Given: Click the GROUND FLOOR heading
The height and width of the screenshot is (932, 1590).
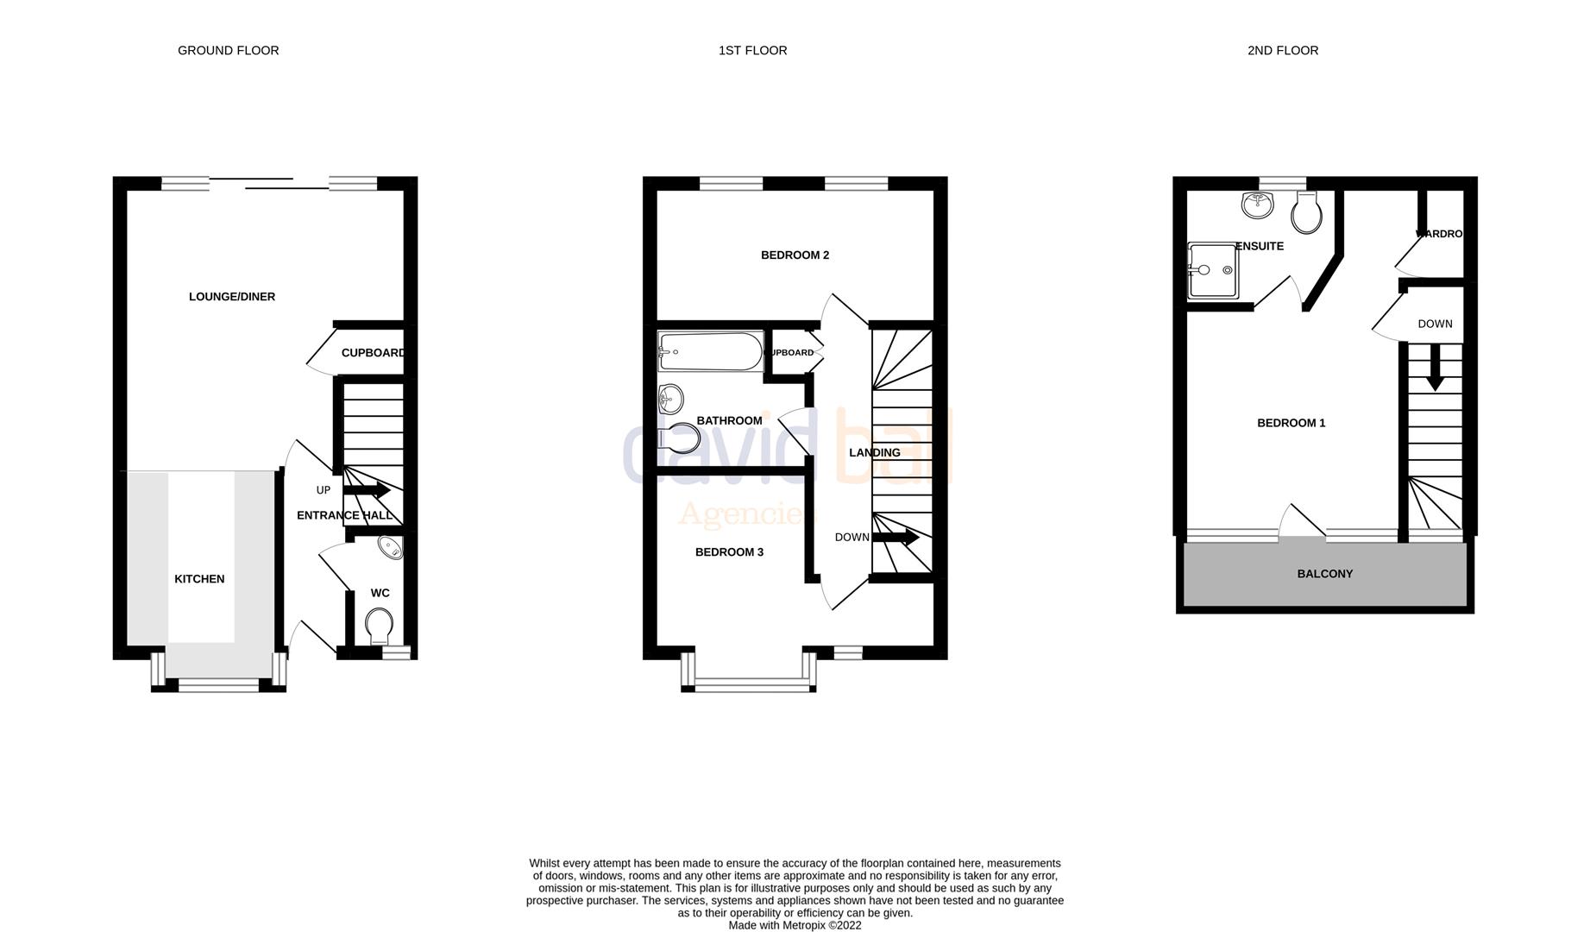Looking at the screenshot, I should tap(228, 50).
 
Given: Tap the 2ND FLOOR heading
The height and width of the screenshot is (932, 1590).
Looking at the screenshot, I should tap(1282, 50).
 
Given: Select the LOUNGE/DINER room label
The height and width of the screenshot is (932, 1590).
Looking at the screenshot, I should tap(231, 297).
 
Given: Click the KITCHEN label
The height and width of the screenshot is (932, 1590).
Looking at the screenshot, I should tap(199, 579).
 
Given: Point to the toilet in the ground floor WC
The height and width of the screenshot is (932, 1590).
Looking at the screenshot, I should tap(379, 625).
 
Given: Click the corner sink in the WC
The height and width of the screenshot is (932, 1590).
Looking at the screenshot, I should tap(391, 547).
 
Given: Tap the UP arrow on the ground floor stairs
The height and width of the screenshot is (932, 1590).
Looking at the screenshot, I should tap(368, 490).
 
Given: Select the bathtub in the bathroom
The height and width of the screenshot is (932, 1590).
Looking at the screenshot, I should tap(710, 352).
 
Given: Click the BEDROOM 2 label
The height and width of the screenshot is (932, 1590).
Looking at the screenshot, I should tap(795, 255).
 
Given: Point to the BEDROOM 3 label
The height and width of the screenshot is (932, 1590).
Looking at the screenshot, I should tap(729, 552).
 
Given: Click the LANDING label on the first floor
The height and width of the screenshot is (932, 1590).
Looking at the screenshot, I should tap(874, 453).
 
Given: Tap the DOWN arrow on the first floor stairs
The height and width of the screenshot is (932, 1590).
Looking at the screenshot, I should tap(896, 538).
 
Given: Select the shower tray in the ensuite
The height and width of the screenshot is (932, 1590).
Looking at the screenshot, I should tap(1212, 270).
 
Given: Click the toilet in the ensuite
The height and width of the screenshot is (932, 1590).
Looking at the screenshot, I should tap(1307, 211).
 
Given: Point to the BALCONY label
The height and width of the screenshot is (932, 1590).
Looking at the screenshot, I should tap(1324, 574).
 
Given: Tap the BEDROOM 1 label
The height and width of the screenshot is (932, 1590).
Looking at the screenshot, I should tap(1291, 423).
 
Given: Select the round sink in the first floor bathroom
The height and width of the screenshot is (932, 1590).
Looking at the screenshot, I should tap(670, 399).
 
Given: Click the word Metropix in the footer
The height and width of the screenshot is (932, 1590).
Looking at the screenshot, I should tap(803, 925).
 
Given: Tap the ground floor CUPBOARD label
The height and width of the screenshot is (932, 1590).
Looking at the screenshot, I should tap(372, 353).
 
